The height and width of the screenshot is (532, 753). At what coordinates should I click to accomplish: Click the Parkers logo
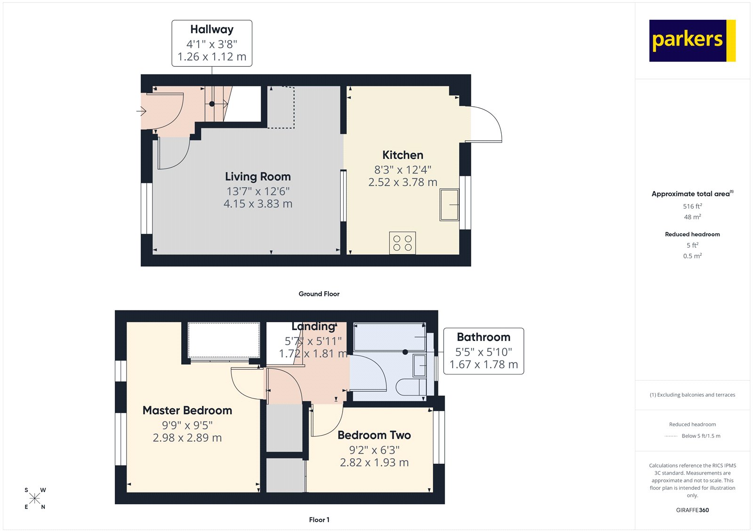coord(692,40)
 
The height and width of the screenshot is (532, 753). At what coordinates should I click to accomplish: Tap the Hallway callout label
coord(212,30)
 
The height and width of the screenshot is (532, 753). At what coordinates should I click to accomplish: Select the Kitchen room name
coord(402,155)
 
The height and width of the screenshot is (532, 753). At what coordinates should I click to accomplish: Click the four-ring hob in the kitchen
coord(402,243)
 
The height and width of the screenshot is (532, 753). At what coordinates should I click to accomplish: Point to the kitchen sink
coord(449,205)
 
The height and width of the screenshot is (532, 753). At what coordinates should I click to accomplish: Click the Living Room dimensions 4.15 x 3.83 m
coord(258,204)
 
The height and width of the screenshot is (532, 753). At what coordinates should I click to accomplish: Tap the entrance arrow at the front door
coord(141,111)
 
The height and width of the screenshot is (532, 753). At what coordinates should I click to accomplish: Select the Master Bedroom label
coord(187,410)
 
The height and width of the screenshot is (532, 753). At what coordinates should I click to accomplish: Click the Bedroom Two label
coord(374,435)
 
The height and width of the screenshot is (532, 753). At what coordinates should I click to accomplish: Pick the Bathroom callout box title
coord(483,337)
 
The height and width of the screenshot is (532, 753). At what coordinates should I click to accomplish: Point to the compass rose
coord(35,499)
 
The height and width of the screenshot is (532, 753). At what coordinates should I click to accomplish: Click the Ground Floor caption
coord(319,294)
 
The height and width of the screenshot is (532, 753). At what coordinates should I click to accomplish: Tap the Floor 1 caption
coord(319,520)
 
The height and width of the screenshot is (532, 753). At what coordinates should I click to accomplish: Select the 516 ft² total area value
coord(692,206)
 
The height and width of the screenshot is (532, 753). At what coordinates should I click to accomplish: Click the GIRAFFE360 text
coord(692,510)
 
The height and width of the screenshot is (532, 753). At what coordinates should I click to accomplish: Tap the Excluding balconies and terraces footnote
coord(692,395)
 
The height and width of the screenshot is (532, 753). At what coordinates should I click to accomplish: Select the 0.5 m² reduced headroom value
coord(692,256)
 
